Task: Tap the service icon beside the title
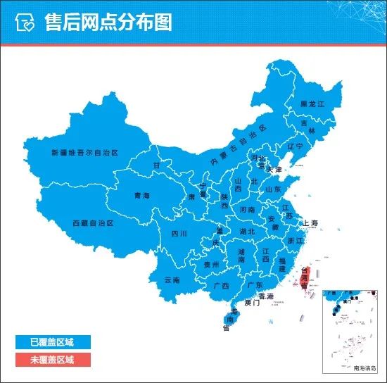coord(25,23)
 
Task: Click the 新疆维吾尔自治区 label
coord(84,152)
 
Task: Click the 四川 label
coord(179,234)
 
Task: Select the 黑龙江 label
coord(312,103)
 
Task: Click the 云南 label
coord(172,280)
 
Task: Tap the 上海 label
coord(310,223)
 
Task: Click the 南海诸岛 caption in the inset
coord(365,368)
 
